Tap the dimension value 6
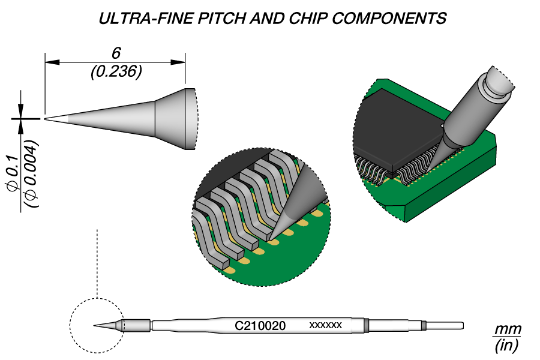click(x=116, y=53)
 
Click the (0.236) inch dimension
click(x=116, y=71)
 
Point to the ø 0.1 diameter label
click(x=13, y=173)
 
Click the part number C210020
click(x=260, y=326)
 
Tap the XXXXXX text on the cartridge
click(x=325, y=325)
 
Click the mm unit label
click(x=508, y=329)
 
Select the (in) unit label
click(x=506, y=345)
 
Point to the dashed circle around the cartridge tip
click(x=71, y=326)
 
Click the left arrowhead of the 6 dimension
click(x=52, y=62)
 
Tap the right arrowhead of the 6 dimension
click(x=178, y=62)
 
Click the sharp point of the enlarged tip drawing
click(x=45, y=119)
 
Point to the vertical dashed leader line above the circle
click(x=97, y=263)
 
